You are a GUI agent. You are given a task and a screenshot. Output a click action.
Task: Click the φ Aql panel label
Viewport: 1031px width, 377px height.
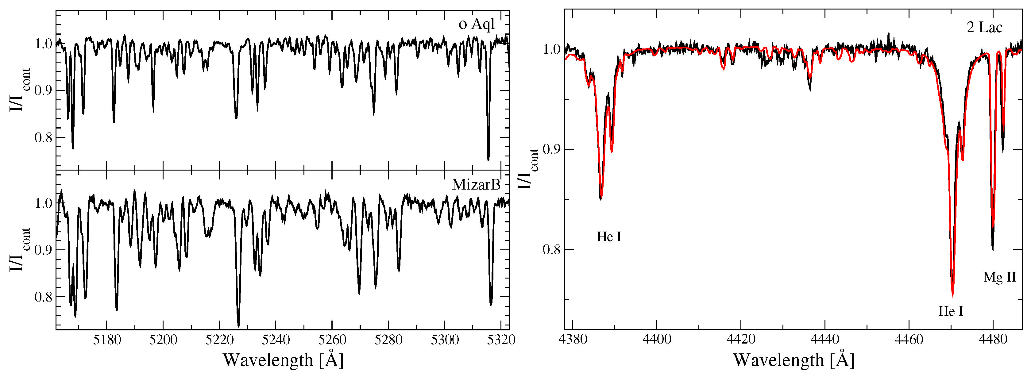476,25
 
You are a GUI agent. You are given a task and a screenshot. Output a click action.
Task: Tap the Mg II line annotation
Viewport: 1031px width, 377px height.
999,277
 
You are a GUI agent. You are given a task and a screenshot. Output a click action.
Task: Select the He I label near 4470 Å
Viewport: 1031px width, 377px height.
951,311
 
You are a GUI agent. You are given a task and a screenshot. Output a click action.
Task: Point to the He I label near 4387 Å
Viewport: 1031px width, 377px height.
609,237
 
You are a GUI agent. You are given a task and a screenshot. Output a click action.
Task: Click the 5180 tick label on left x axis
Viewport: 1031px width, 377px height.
107,340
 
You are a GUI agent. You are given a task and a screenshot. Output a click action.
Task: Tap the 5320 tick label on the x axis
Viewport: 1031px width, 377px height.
502,340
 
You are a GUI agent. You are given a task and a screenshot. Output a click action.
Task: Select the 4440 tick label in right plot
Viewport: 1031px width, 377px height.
825,339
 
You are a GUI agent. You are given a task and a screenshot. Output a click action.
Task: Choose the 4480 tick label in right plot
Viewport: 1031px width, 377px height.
993,339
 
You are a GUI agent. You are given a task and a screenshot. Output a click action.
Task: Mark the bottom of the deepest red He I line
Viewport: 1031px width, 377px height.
952,296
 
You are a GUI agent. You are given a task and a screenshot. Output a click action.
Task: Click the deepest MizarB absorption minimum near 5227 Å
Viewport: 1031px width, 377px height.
238,326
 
